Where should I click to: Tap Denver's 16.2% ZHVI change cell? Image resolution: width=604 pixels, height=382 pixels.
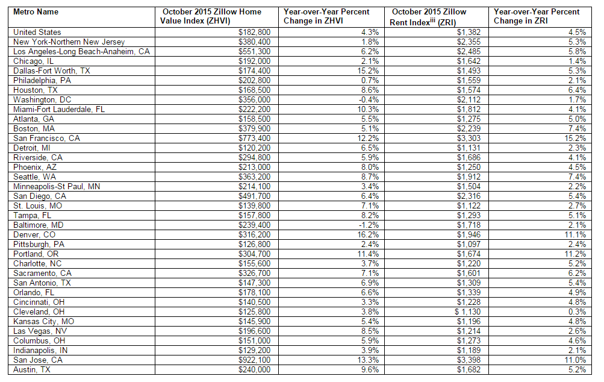pos(367,235)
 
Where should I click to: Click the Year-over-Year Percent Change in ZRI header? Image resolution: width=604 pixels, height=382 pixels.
pos(537,16)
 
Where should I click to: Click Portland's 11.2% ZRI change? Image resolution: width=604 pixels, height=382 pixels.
pos(574,254)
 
